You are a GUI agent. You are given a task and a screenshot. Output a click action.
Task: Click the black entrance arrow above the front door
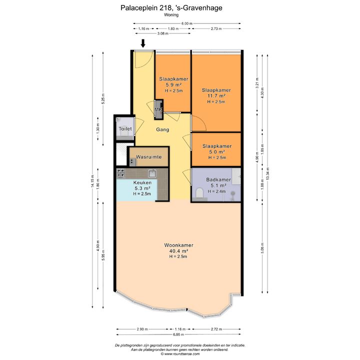[143, 43]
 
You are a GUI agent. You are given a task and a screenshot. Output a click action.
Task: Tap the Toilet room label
[125, 129]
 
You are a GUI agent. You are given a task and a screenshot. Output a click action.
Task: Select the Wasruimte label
[149, 157]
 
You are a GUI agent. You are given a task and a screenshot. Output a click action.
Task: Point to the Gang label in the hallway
[162, 129]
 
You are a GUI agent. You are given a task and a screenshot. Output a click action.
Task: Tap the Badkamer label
[218, 180]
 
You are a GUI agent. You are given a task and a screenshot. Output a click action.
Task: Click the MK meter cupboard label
[158, 109]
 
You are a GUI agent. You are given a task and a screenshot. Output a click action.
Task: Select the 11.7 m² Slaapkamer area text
[216, 95]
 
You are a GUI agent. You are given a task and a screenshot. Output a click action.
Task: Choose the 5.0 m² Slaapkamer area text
[216, 152]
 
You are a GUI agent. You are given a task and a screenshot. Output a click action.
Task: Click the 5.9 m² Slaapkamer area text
[173, 84]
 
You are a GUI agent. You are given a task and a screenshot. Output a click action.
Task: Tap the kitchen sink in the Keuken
[152, 173]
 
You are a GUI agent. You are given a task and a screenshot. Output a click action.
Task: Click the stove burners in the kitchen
[121, 173]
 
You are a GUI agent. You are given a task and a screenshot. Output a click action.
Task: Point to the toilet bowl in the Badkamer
[199, 193]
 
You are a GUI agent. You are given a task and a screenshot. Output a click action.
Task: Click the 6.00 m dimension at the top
[187, 23]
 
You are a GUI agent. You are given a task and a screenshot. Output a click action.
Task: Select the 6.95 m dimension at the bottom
[178, 334]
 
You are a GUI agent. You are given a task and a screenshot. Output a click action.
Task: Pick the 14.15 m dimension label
[92, 181]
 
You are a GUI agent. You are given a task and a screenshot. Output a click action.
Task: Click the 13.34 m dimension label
[267, 174]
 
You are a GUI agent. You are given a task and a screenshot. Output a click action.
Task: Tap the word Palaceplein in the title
[139, 8]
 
